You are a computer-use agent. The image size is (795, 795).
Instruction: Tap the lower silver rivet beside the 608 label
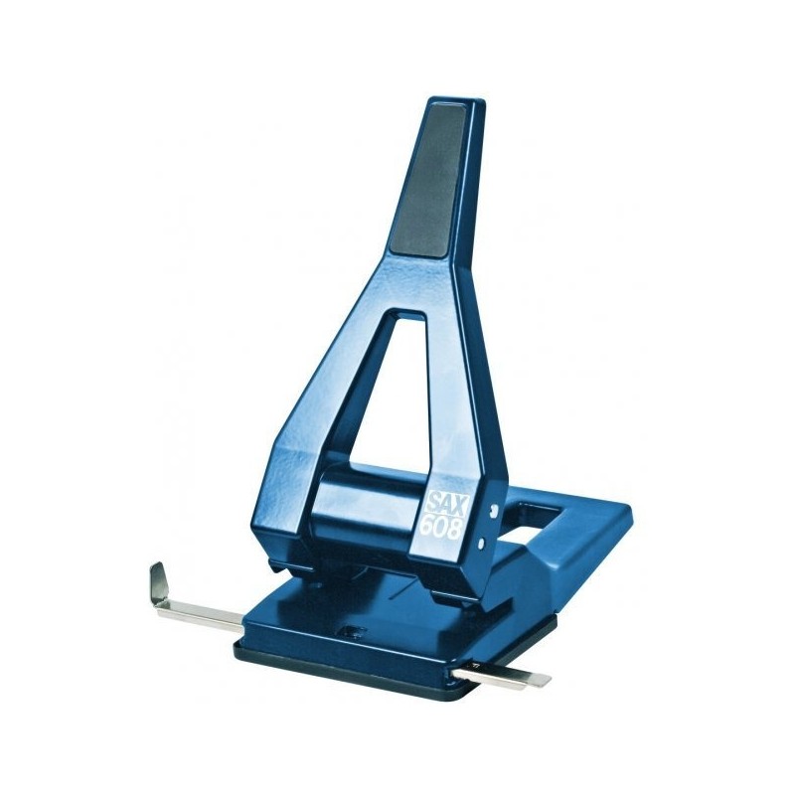pyautogui.click(x=481, y=544)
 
